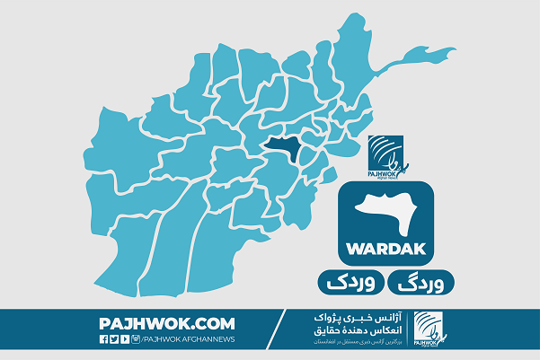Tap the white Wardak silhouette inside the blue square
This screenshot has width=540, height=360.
point(387,212)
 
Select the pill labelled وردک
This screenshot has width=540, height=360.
point(347,281)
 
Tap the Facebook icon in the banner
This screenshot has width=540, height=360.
point(103,339)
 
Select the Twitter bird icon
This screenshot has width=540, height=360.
point(114,339)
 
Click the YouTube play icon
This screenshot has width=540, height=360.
point(124,339)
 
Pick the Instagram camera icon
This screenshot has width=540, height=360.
point(135,339)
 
